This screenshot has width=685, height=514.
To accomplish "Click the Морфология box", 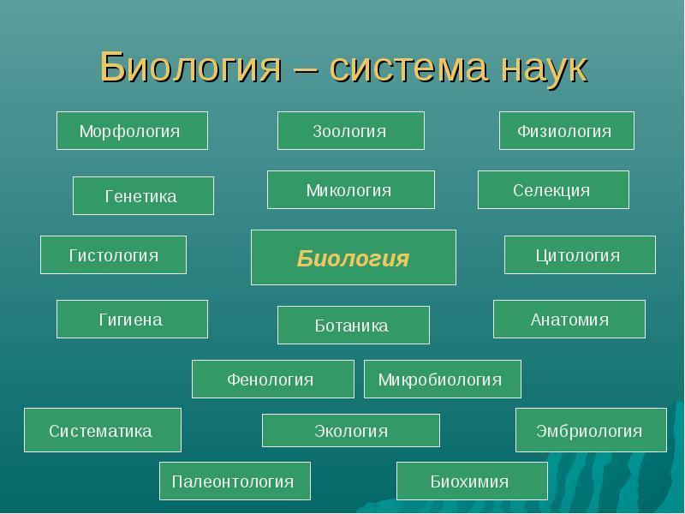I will pyautogui.click(x=132, y=131).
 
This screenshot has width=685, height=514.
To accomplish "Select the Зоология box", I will pyautogui.click(x=350, y=131).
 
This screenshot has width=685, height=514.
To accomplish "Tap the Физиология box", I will pyautogui.click(x=566, y=131).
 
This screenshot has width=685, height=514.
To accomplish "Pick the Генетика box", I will pyautogui.click(x=142, y=196).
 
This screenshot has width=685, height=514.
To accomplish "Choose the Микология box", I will pyautogui.click(x=350, y=190).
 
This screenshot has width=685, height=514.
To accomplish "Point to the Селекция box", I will pyautogui.click(x=552, y=190).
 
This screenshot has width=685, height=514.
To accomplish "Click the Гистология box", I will pyautogui.click(x=113, y=255).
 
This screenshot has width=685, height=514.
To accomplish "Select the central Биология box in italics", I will pyautogui.click(x=353, y=258).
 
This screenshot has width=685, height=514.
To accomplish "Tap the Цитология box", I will pyautogui.click(x=579, y=255).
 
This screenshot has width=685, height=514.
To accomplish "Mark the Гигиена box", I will pyautogui.click(x=132, y=320).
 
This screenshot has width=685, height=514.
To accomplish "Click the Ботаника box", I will pyautogui.click(x=353, y=326).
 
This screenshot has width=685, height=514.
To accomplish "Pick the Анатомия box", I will pyautogui.click(x=569, y=320).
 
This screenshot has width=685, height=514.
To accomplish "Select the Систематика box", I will pyautogui.click(x=102, y=430).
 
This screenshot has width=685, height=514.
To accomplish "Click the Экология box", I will pyautogui.click(x=350, y=431).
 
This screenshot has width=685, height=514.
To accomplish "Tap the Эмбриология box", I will pyautogui.click(x=590, y=430).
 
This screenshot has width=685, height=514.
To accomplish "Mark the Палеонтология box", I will pyautogui.click(x=234, y=481).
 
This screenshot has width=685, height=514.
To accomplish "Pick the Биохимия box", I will pyautogui.click(x=471, y=481).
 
